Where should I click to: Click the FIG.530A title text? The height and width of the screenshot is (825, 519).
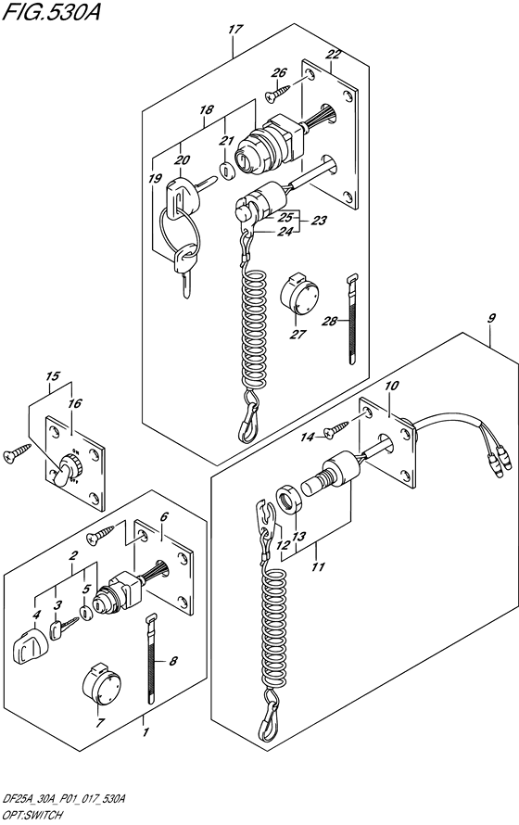(x=50, y=11)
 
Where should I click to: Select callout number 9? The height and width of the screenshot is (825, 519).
(x=491, y=318)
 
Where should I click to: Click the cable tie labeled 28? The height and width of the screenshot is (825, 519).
(x=353, y=319)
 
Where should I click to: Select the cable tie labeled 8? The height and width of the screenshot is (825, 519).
(x=151, y=658)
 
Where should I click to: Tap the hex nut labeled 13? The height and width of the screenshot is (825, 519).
(x=288, y=499)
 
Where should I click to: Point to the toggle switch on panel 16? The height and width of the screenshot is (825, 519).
(x=66, y=469)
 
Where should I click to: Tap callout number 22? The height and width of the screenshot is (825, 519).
(x=334, y=55)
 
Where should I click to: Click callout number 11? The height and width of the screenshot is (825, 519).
(x=318, y=567)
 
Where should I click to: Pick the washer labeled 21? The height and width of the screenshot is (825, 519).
(x=227, y=171)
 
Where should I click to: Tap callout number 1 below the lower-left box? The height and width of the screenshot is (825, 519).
(x=146, y=732)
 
